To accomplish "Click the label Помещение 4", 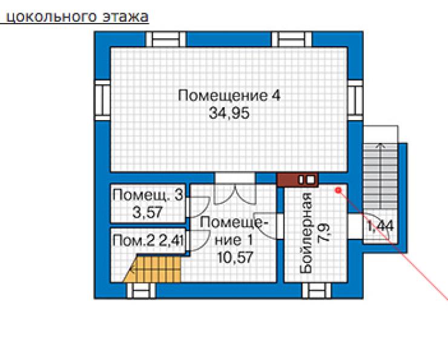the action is click(x=229, y=96).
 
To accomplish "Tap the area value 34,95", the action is click(x=229, y=113).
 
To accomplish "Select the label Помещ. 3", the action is click(x=148, y=195).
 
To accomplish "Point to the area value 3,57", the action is click(x=148, y=213).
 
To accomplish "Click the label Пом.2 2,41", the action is click(x=148, y=241).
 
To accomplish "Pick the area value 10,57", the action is click(x=235, y=258).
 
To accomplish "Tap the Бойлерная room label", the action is click(x=306, y=233).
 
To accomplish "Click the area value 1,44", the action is click(x=380, y=227).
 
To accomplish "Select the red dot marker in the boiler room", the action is click(x=338, y=190).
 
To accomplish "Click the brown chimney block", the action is click(x=297, y=180).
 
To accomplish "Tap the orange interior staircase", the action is click(x=153, y=268).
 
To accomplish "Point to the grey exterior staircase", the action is click(x=380, y=177).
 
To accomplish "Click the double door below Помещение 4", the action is click(x=235, y=188).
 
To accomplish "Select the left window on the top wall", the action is click(x=166, y=39).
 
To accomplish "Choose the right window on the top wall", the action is click(x=291, y=39).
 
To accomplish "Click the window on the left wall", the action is click(x=102, y=100).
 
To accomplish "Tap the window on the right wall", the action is click(x=355, y=100).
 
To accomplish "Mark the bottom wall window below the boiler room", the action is click(x=317, y=291).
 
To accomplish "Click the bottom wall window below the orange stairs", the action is click(x=141, y=291).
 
